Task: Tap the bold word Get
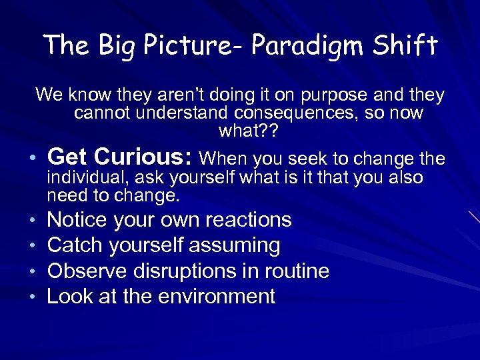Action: [69, 157]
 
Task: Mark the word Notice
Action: [77, 220]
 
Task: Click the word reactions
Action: [249, 220]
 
